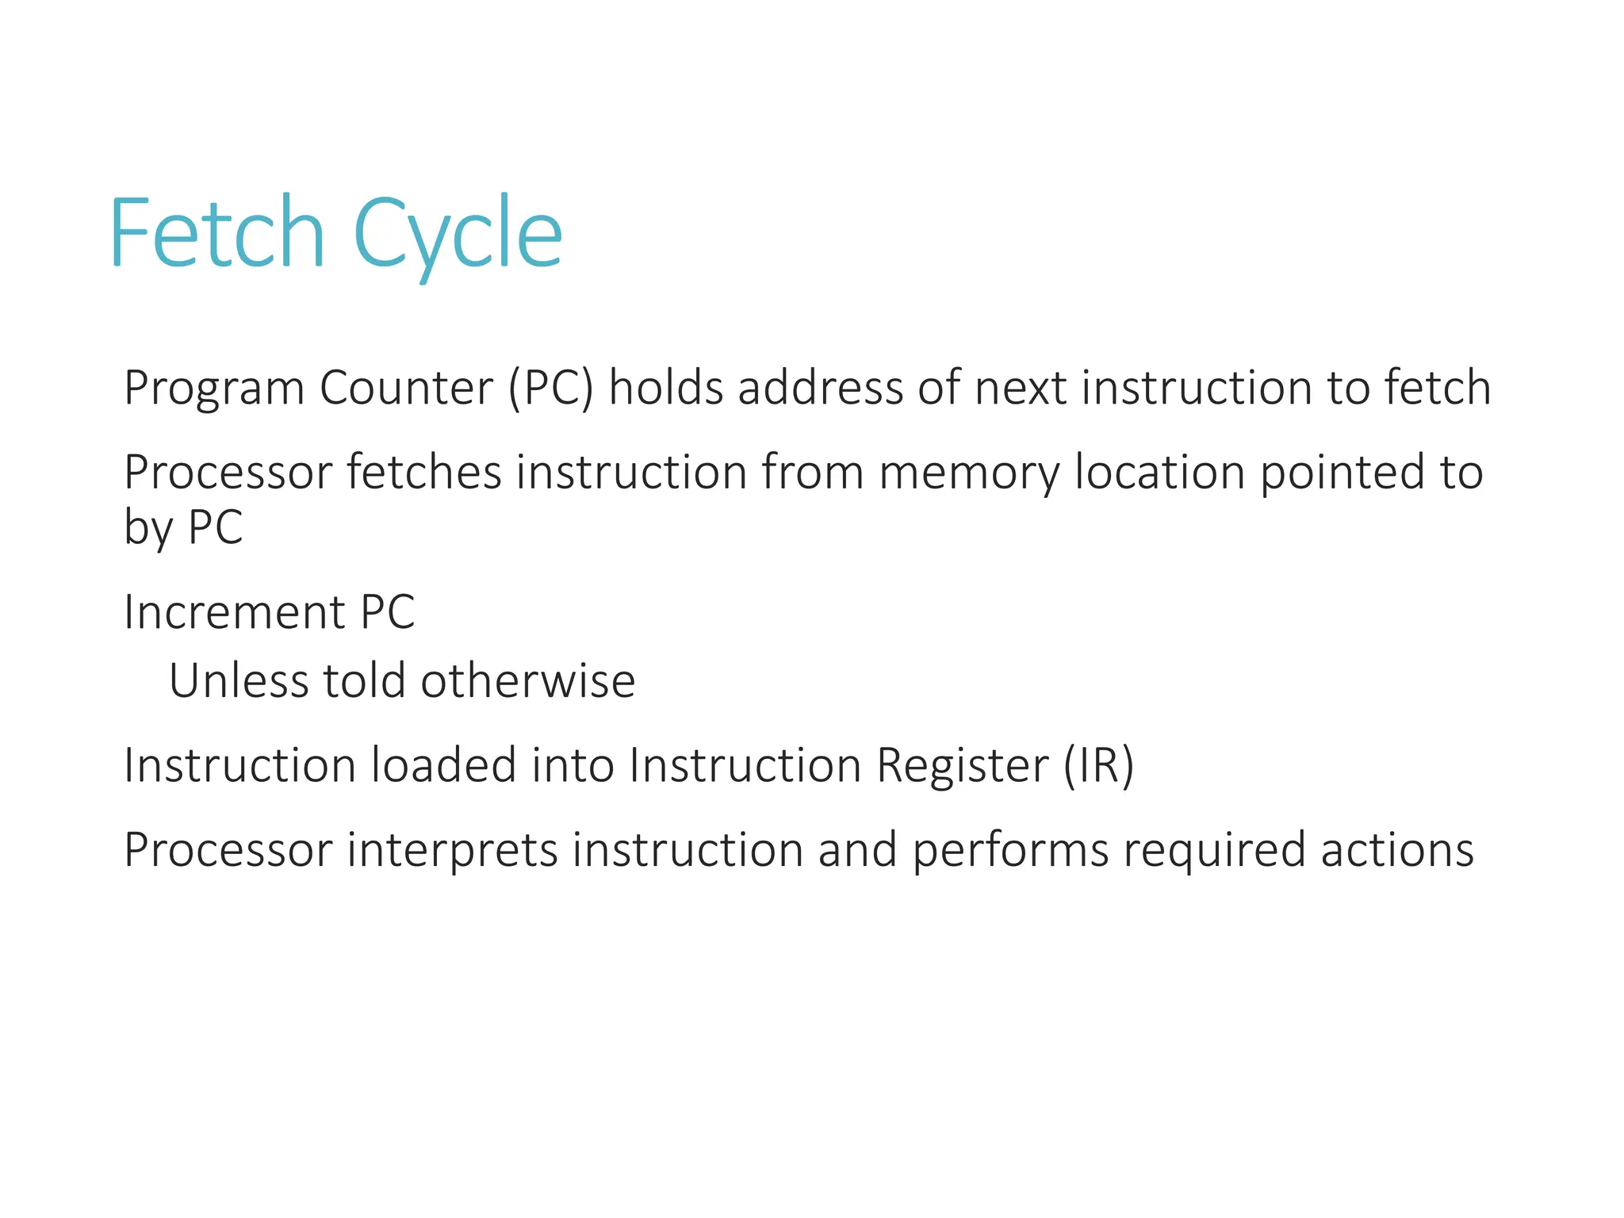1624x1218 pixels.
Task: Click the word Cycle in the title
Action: (458, 235)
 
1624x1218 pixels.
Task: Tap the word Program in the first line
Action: (214, 389)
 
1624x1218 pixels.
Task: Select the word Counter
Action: (406, 388)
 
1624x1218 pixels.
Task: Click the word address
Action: (821, 388)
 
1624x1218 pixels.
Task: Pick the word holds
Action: (666, 388)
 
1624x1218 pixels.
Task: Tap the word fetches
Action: (424, 472)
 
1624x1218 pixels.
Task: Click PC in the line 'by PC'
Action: (215, 527)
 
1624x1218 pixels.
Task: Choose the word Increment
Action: (235, 612)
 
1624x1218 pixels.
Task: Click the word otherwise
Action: (527, 681)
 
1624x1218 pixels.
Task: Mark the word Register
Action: (962, 767)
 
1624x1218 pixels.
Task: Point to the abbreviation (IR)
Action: (1098, 766)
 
